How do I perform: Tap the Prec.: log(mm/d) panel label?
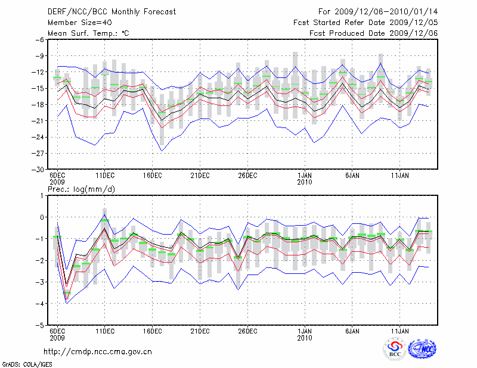point(79,189)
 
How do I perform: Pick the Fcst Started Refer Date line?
point(366,23)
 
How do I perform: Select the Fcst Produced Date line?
point(374,33)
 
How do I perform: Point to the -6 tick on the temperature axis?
point(40,40)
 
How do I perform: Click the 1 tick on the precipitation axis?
point(42,195)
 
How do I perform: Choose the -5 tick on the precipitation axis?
point(40,326)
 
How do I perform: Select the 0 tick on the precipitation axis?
point(42,217)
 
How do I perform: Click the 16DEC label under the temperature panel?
point(152,176)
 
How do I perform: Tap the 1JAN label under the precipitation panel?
point(304,331)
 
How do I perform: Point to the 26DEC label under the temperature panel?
point(247,176)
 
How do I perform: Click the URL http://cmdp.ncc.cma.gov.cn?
point(98,352)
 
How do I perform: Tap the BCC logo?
point(395,350)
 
